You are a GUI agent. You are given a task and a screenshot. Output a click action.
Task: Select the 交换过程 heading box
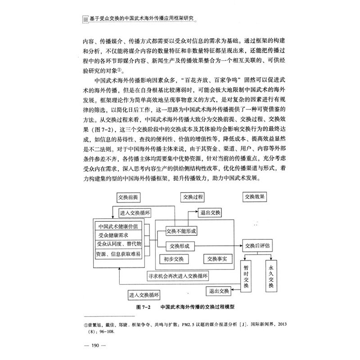coord(193,197)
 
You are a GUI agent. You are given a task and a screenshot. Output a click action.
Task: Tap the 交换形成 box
coord(179,246)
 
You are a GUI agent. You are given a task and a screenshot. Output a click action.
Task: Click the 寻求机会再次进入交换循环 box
coord(178,275)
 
